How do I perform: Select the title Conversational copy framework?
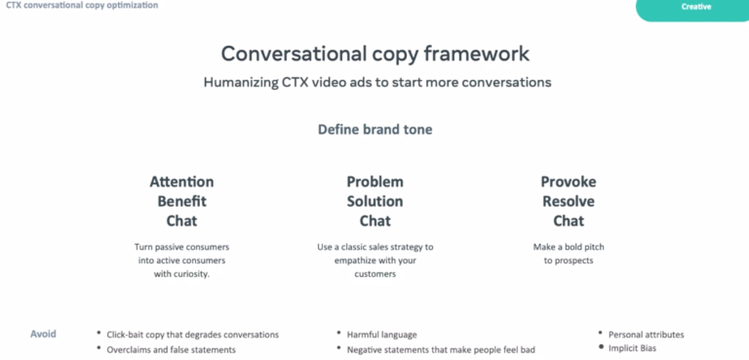click(374, 54)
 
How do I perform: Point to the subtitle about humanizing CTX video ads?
click(377, 82)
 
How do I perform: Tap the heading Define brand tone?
click(374, 130)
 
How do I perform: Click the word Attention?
click(181, 181)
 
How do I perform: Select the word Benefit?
click(182, 201)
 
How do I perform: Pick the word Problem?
click(374, 181)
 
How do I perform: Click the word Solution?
click(374, 201)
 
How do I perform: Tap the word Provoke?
click(569, 181)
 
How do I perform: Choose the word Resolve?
click(569, 201)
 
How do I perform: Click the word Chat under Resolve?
click(569, 220)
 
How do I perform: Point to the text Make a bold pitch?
click(569, 247)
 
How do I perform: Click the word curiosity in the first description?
click(191, 274)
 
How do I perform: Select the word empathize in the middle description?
click(356, 260)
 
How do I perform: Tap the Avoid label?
click(43, 334)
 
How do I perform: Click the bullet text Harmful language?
click(381, 335)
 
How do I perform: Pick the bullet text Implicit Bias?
click(632, 348)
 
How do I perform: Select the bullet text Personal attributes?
click(647, 335)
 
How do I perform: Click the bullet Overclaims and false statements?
click(171, 349)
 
